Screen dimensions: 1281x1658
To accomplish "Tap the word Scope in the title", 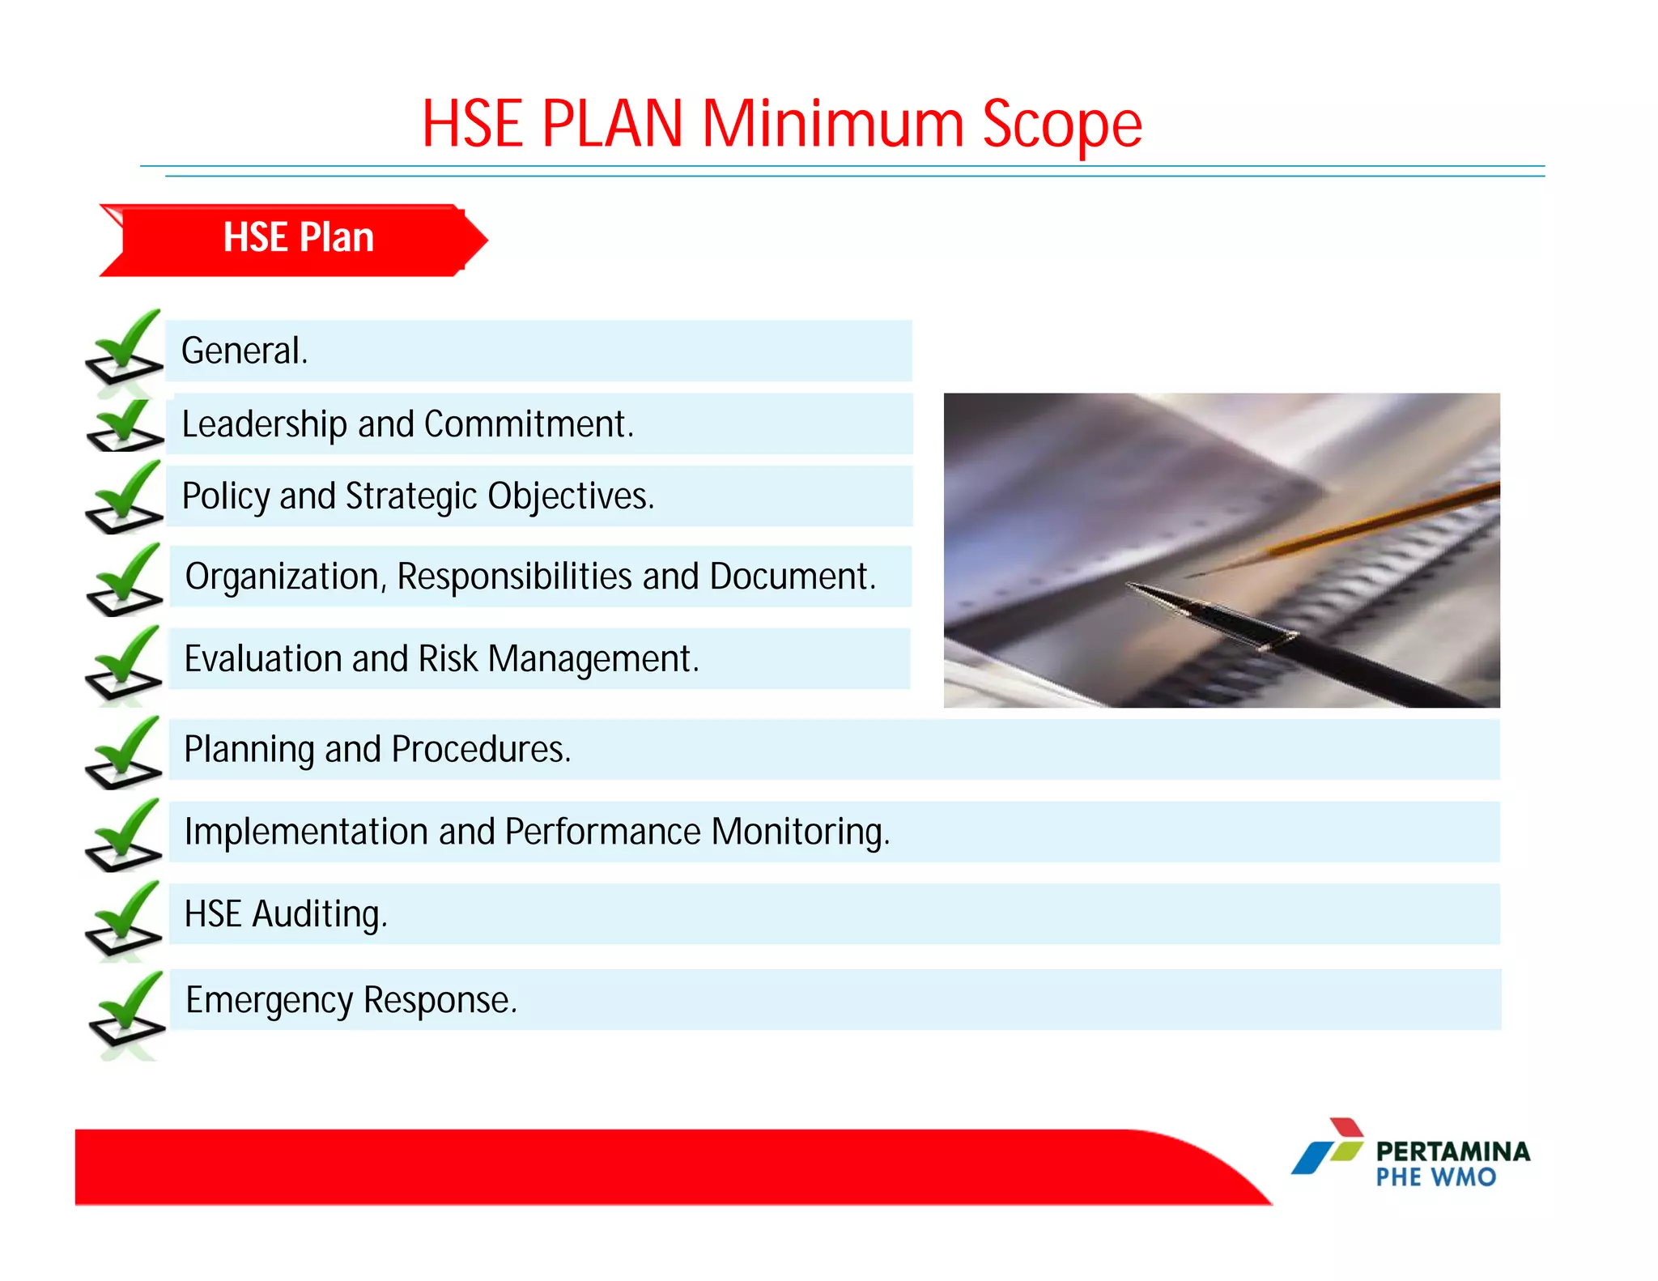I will [1061, 126].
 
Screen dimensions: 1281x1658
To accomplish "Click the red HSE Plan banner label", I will [297, 238].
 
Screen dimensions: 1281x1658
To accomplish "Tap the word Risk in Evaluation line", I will [448, 659].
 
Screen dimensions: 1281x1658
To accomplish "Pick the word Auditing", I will [319, 915].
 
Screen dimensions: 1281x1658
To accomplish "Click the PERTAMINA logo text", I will [1452, 1151].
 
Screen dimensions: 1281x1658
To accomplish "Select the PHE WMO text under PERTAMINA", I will [1435, 1177].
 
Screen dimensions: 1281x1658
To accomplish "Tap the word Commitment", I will [528, 424].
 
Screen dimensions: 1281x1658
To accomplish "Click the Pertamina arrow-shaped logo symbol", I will [1328, 1147].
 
